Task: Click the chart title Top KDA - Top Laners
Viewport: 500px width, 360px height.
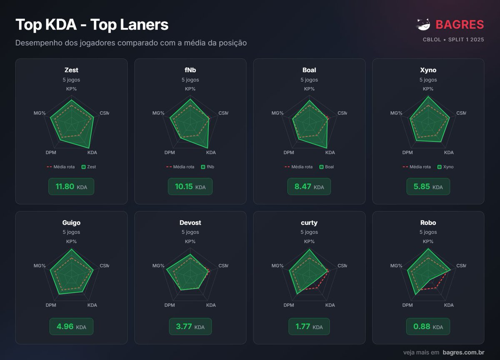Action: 92,25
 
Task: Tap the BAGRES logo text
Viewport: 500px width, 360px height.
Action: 460,25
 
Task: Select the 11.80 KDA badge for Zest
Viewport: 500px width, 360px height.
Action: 71,187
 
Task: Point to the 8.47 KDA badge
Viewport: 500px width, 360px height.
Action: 309,187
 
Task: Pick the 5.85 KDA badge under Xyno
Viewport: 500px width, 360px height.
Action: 428,187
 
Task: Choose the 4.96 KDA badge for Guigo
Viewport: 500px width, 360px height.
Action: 71,327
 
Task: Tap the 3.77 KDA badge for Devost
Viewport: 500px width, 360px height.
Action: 190,327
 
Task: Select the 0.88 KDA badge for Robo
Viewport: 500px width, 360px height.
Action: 428,327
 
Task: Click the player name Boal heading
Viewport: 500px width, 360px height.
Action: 309,70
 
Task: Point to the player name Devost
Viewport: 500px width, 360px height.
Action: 190,222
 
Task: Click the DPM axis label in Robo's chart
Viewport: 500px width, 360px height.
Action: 407,305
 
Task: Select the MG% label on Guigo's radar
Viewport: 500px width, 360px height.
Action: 40,266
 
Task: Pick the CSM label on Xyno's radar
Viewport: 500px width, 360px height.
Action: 461,113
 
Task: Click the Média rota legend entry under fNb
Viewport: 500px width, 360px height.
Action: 180,167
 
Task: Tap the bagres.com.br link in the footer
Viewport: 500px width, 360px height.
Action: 463,352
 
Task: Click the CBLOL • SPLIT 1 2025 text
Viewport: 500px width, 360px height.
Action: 453,40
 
